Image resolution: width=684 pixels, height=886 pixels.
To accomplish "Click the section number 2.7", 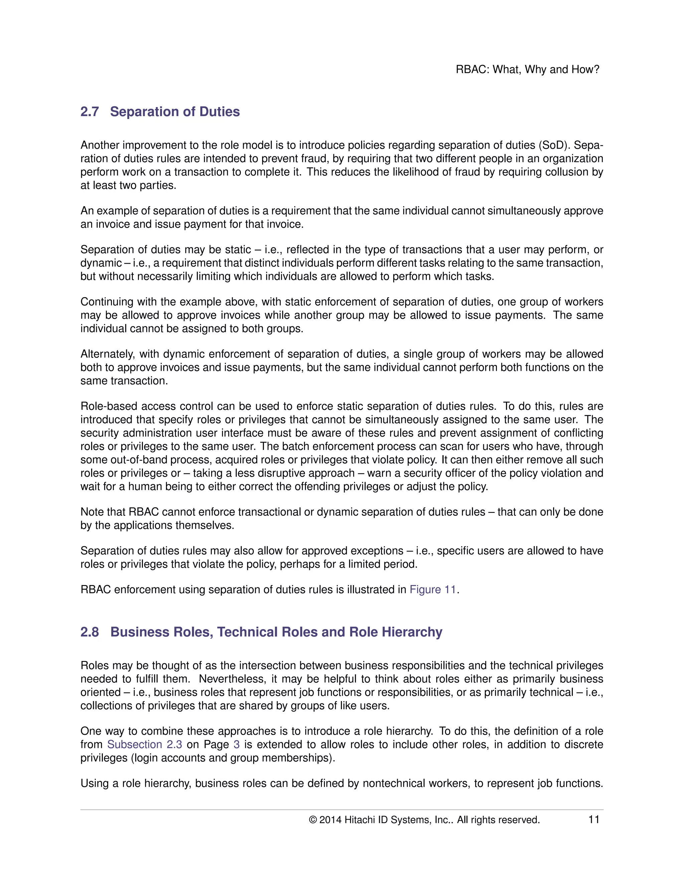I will coord(89,112).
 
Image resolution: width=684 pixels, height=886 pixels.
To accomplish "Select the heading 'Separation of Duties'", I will coord(175,112).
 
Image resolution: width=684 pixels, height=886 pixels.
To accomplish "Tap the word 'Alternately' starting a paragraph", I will coord(108,354).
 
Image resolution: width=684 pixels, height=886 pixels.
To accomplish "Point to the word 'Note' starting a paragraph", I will coord(92,512).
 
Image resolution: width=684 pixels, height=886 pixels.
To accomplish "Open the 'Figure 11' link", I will coord(433,589).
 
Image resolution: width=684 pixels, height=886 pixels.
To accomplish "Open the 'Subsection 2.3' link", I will coord(144,745).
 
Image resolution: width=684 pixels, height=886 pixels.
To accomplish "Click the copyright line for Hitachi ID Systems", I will coord(424,820).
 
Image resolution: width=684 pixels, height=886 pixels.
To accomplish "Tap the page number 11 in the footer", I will coord(593,819).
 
